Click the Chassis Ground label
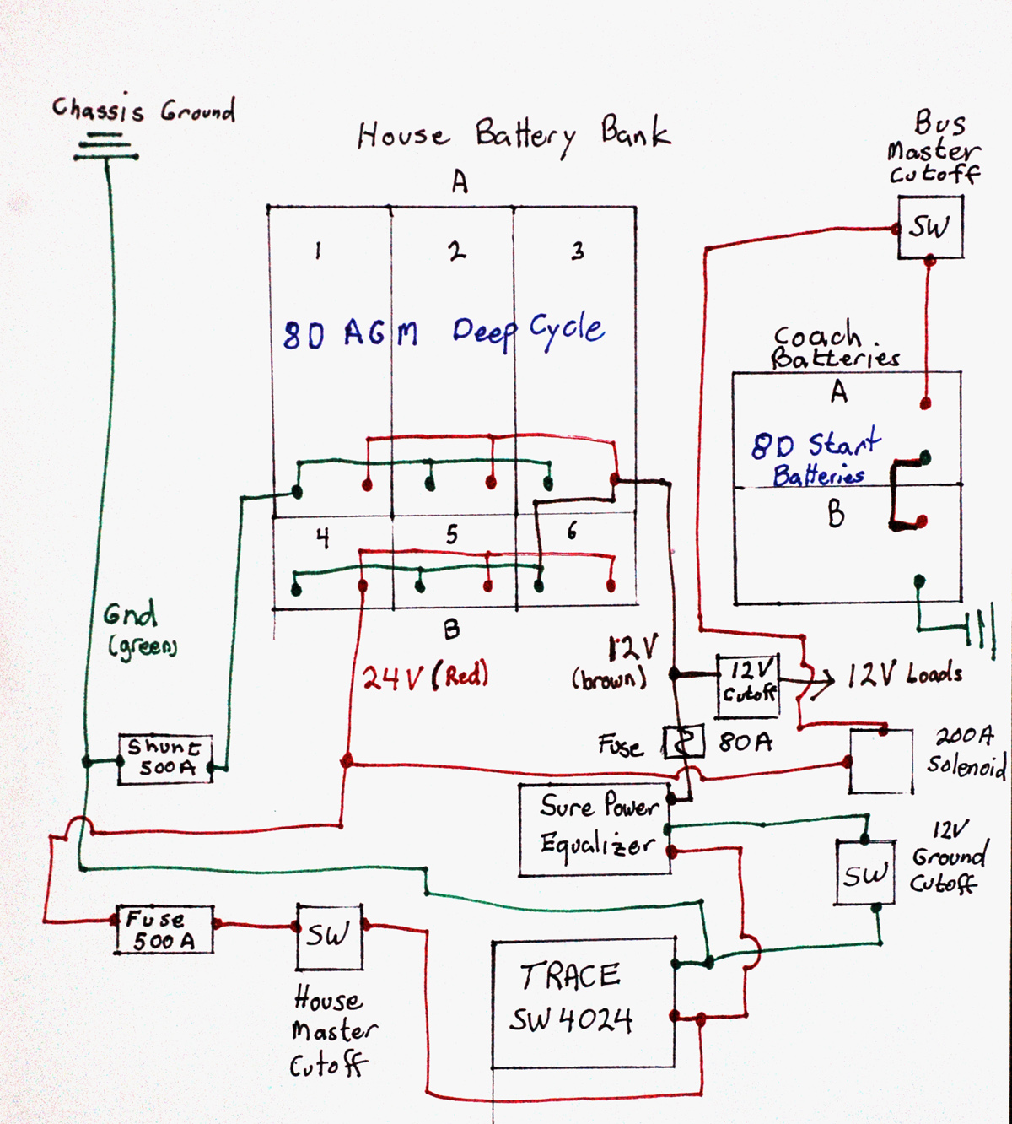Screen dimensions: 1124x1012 (143, 109)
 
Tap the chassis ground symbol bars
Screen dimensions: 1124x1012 (106, 147)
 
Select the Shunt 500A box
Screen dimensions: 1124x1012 (164, 759)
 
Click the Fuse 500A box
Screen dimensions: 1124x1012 (164, 929)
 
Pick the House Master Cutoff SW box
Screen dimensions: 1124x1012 (329, 936)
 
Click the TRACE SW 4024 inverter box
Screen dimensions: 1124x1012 (583, 1002)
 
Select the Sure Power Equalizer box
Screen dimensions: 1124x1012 (595, 829)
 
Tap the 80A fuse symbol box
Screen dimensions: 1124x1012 (683, 742)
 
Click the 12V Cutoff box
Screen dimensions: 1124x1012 (748, 683)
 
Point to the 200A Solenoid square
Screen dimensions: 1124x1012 (880, 761)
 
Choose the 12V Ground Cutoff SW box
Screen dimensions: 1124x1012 (864, 873)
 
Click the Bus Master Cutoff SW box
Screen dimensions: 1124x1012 (929, 227)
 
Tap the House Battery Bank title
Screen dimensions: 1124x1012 (513, 135)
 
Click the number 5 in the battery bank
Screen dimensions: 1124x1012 (452, 534)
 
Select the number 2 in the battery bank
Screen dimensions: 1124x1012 (456, 251)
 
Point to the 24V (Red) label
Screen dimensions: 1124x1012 (425, 677)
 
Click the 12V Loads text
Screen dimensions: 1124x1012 (904, 674)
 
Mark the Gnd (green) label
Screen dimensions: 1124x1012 (139, 629)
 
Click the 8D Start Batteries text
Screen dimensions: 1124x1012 (815, 459)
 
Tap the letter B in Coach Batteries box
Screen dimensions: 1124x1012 (835, 513)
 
